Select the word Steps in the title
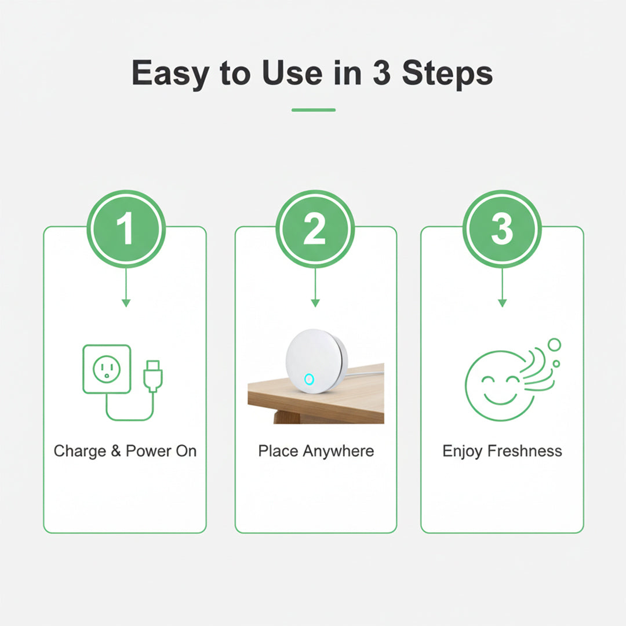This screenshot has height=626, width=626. tap(447, 74)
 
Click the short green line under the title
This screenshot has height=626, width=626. tap(313, 110)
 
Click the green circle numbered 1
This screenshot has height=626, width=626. tap(126, 229)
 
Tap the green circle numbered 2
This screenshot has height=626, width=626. tap(315, 229)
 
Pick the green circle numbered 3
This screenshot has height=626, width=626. tap(502, 229)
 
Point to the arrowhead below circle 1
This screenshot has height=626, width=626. tap(126, 303)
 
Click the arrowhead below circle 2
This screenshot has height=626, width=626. tap(315, 303)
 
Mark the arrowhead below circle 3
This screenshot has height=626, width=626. tap(502, 303)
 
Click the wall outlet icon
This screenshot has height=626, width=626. tap(107, 369)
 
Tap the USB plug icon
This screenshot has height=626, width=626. tap(153, 376)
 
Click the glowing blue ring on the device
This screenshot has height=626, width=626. tap(309, 380)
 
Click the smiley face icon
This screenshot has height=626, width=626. tap(498, 385)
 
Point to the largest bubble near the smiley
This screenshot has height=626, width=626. tap(554, 345)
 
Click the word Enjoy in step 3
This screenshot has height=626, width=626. tap(463, 451)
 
